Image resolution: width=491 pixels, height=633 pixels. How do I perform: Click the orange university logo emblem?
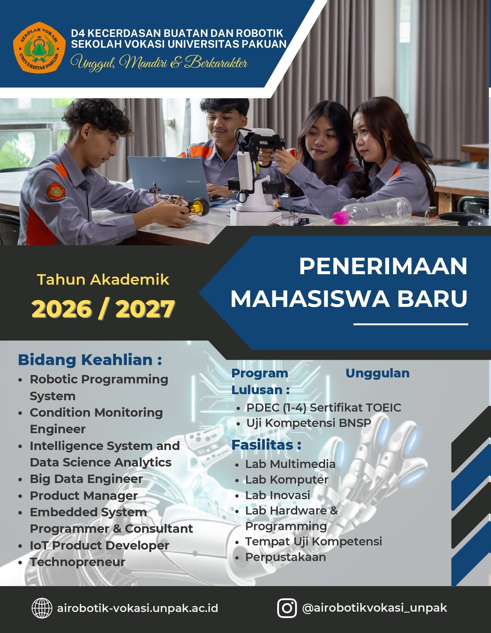(x=39, y=46)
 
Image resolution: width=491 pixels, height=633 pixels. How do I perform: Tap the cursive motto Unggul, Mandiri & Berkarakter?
(x=159, y=62)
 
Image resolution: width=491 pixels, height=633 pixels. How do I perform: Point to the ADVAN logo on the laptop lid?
(x=193, y=181)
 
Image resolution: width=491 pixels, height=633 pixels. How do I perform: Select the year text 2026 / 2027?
(x=103, y=309)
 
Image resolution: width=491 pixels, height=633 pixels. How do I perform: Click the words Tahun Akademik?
(x=103, y=280)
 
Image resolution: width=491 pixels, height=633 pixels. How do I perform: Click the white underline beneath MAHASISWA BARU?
(x=411, y=324)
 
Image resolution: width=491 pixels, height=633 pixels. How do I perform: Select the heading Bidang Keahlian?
(x=90, y=360)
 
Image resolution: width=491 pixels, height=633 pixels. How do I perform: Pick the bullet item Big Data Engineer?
(x=86, y=479)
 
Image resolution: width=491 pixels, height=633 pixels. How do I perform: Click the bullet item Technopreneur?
(x=77, y=562)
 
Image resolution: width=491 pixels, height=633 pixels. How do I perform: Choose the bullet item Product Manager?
(x=84, y=496)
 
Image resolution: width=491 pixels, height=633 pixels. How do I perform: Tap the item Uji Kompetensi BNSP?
(x=309, y=423)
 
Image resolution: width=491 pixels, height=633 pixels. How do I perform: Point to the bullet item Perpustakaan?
(x=286, y=557)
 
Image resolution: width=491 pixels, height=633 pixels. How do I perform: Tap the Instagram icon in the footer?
(x=287, y=608)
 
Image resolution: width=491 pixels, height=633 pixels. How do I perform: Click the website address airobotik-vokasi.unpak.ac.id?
(x=137, y=608)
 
